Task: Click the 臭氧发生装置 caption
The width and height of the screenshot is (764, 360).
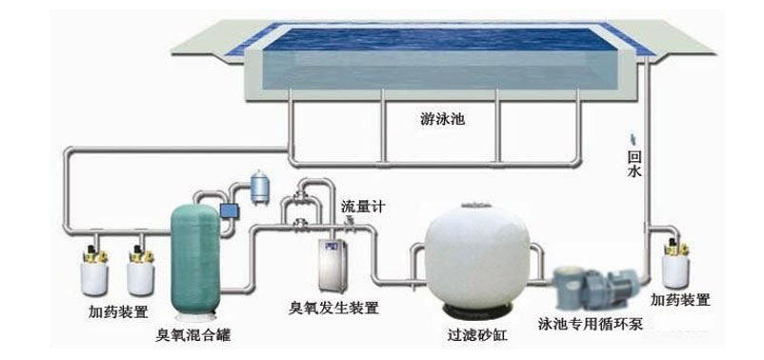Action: click(x=333, y=308)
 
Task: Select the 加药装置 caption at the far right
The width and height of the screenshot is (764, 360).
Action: click(x=680, y=301)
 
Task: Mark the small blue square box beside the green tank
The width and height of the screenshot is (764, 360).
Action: click(x=229, y=209)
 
